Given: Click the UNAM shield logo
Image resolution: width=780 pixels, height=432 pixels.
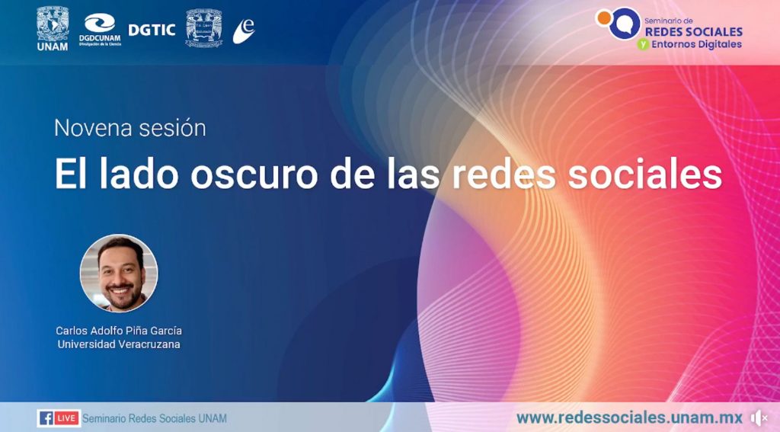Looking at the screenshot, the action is pos(53,28).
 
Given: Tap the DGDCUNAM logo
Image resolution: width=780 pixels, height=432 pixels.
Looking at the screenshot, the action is pos(100,30).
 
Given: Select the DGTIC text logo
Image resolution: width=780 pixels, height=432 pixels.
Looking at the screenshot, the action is pos(152,30).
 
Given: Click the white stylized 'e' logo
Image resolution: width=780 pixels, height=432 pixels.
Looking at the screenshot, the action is pos(244,30).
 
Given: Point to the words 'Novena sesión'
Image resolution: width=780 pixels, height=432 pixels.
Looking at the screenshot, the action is pos(129,128).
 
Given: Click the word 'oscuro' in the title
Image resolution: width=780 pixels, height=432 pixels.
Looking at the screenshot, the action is pos(254,174).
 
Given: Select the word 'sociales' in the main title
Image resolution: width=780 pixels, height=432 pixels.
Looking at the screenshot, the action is pos(644,174).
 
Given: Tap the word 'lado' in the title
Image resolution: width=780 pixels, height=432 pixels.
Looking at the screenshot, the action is pos(139,173).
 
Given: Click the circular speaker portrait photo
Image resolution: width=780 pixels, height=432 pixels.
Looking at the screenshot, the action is pos(119,274).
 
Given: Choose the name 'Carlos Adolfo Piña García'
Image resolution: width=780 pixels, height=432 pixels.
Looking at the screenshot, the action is pos(119,331).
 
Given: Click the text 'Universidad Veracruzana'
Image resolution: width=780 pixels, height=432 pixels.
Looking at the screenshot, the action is pos(119,344).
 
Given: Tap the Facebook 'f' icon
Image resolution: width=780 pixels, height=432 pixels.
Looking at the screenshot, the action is pos(46,418).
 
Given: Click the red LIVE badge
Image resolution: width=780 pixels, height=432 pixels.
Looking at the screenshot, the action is pos(67,418).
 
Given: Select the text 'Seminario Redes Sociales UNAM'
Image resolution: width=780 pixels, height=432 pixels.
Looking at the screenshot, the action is pos(154,418).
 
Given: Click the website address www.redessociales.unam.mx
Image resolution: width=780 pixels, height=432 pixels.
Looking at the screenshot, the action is pos(629,417).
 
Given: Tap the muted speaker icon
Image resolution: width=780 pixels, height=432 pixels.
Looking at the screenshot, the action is pos(759,418).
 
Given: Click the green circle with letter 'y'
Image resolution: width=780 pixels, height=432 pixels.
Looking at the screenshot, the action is pos(643,44).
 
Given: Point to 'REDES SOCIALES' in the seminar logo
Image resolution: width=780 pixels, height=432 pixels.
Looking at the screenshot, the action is pos(693,32).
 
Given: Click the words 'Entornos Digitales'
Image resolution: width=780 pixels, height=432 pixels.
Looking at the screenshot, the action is pos(696,44).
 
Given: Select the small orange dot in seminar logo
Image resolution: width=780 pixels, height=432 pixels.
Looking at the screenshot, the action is pos(604,18).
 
